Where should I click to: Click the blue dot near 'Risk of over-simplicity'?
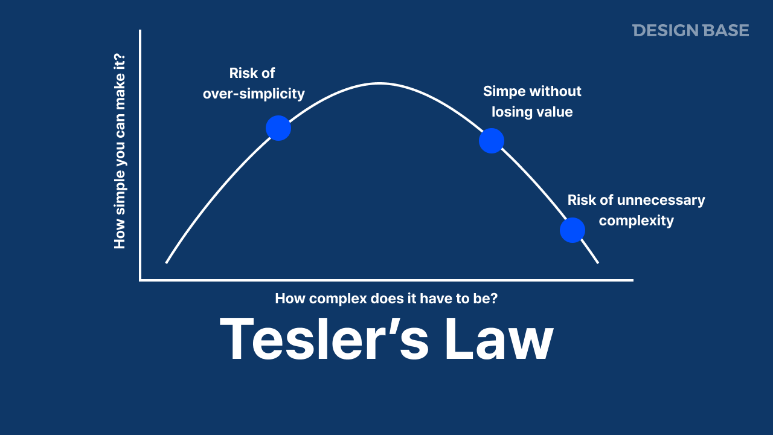tap(278, 128)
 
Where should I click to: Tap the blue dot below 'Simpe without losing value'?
tap(492, 141)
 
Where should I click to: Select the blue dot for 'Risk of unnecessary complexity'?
tap(573, 230)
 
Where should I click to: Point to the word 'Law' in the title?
tap(499, 339)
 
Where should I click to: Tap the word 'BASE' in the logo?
tap(725, 30)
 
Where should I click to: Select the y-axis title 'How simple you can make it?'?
tap(120, 151)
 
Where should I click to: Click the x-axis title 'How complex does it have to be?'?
tap(386, 298)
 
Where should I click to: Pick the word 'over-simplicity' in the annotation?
tap(254, 94)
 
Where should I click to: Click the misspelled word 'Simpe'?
tap(504, 91)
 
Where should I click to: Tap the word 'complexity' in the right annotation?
tap(637, 221)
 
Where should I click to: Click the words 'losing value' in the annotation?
tap(532, 112)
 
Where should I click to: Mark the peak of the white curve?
tap(379, 83)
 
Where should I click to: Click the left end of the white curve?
tap(167, 262)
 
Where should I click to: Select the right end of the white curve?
tap(597, 262)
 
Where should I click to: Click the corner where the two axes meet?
tap(140, 280)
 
